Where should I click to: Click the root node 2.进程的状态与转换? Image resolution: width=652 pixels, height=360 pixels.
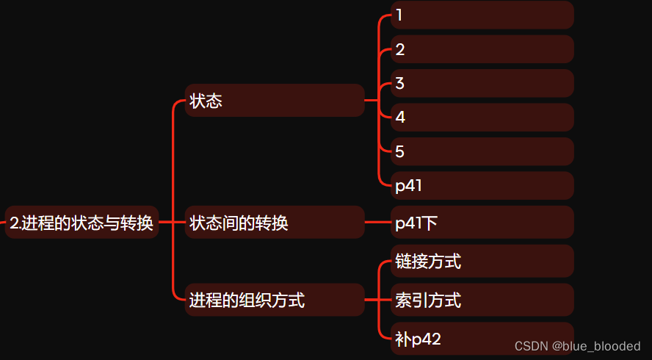[81, 223]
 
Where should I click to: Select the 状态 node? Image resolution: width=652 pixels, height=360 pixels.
[275, 101]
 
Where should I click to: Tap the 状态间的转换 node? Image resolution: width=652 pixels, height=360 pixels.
[275, 223]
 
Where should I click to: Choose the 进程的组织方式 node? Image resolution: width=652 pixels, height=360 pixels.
[275, 300]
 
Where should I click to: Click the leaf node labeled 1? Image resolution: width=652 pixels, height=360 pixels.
[482, 15]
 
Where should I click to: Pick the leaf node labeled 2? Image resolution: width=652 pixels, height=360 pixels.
[482, 50]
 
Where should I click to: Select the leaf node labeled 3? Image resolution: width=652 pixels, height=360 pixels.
[482, 84]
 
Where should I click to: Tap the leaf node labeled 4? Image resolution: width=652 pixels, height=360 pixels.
[482, 118]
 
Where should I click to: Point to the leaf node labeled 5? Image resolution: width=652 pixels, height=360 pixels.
[482, 151]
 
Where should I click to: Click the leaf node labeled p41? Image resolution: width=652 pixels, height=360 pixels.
[482, 186]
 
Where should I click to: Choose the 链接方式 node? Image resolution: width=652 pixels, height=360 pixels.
[482, 262]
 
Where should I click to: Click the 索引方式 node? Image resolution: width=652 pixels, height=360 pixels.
[482, 300]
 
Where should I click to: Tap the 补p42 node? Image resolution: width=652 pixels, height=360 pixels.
[482, 338]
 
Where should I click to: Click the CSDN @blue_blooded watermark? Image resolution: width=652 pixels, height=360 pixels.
[577, 346]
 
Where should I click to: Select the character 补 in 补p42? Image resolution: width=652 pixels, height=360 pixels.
[402, 339]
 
